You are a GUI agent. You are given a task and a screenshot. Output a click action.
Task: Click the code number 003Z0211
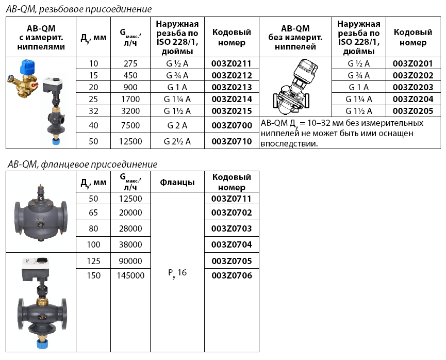coord(232,63)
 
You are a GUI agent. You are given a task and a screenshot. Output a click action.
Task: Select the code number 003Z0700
coord(232,125)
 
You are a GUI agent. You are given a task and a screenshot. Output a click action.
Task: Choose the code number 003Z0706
coord(232,276)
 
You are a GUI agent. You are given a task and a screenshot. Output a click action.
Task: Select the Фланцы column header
coord(177,182)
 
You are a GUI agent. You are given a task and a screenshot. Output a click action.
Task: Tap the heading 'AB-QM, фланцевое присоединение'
coord(82,164)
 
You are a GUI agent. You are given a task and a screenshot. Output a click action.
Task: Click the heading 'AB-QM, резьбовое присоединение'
coord(79,9)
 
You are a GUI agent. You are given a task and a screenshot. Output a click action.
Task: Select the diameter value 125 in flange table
coord(94,260)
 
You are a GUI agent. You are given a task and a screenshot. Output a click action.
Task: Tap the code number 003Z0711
coord(232,199)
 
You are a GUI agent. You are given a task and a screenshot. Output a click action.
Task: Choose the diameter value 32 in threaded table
coord(93,111)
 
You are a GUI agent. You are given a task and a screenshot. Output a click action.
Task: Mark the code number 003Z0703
coord(232,228)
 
